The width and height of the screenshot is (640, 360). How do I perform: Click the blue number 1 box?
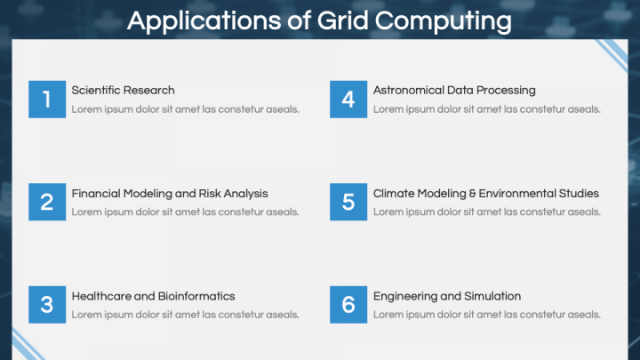(47, 100)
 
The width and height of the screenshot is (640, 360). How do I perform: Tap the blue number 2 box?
(47, 203)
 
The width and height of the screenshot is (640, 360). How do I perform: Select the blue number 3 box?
(47, 305)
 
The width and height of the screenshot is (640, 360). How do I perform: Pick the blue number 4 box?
(348, 100)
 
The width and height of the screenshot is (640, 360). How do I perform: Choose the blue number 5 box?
(348, 203)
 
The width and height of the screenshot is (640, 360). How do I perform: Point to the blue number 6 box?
(348, 305)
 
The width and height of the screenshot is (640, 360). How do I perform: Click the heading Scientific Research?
(123, 90)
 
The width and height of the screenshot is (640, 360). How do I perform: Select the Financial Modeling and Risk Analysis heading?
(170, 193)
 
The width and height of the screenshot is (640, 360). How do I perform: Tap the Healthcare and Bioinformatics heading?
(153, 296)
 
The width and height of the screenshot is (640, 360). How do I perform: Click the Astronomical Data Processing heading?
(454, 90)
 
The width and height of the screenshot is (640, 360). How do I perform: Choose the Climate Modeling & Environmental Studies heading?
(486, 193)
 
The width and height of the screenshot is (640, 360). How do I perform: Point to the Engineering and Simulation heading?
(447, 296)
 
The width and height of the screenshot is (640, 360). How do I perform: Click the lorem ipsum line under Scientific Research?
(185, 109)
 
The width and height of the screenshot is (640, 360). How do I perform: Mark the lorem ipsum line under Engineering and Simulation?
(487, 315)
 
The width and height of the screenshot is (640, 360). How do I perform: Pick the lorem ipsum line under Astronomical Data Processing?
(487, 109)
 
